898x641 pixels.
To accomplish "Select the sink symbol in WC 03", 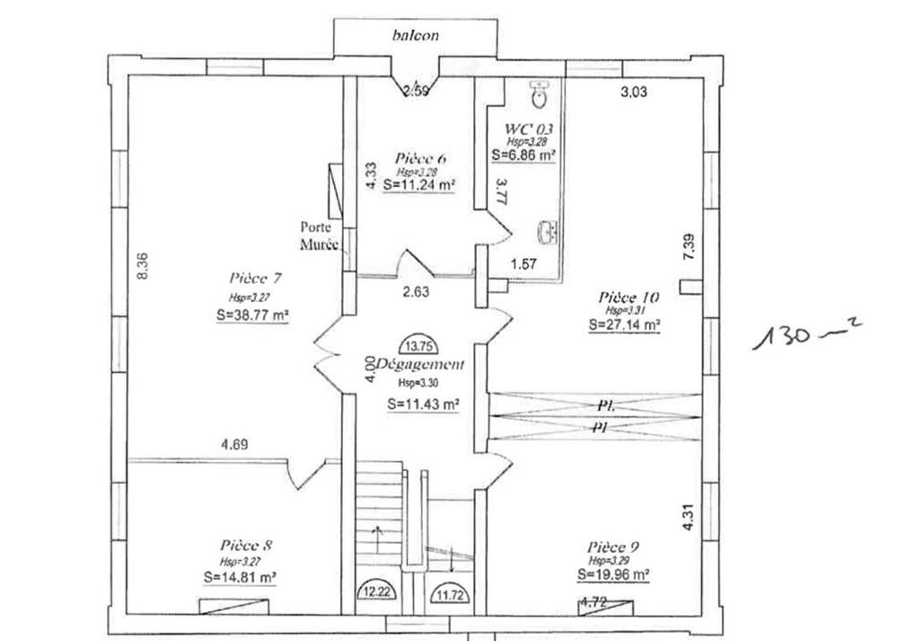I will pos(545,233).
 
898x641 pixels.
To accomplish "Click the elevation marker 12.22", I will pos(377,592).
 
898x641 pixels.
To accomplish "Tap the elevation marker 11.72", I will pos(449,592).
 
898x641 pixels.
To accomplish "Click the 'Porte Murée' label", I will pos(321,236).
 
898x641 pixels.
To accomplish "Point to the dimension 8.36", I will pos(142,267).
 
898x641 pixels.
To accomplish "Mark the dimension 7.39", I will pos(689,247).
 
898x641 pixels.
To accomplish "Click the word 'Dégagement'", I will pos(420,365).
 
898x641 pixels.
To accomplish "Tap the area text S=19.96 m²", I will pos(614,574).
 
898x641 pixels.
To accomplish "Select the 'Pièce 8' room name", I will pos(246,545).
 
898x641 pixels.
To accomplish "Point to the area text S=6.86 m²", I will pos(524,155).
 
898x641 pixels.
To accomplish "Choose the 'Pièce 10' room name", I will pos(629,297).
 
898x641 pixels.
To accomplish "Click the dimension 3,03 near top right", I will pos(635,91).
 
